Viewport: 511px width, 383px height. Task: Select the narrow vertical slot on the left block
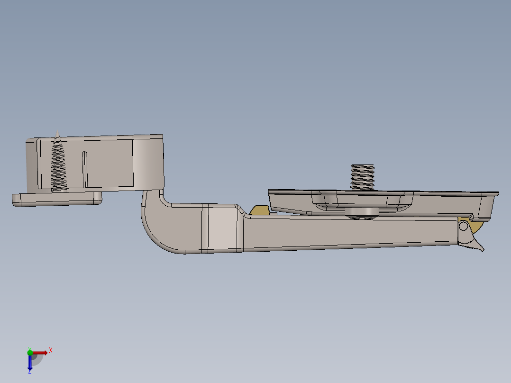[85, 168]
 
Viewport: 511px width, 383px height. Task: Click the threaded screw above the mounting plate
[362, 176]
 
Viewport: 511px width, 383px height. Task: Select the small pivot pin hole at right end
[463, 226]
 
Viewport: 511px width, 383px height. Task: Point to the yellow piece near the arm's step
[259, 210]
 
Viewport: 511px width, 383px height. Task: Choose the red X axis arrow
[41, 353]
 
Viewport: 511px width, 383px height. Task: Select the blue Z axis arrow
[30, 363]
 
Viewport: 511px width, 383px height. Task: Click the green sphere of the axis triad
[30, 352]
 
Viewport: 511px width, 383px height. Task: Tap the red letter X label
[50, 350]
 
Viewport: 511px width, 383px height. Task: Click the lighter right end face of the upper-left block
[148, 161]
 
